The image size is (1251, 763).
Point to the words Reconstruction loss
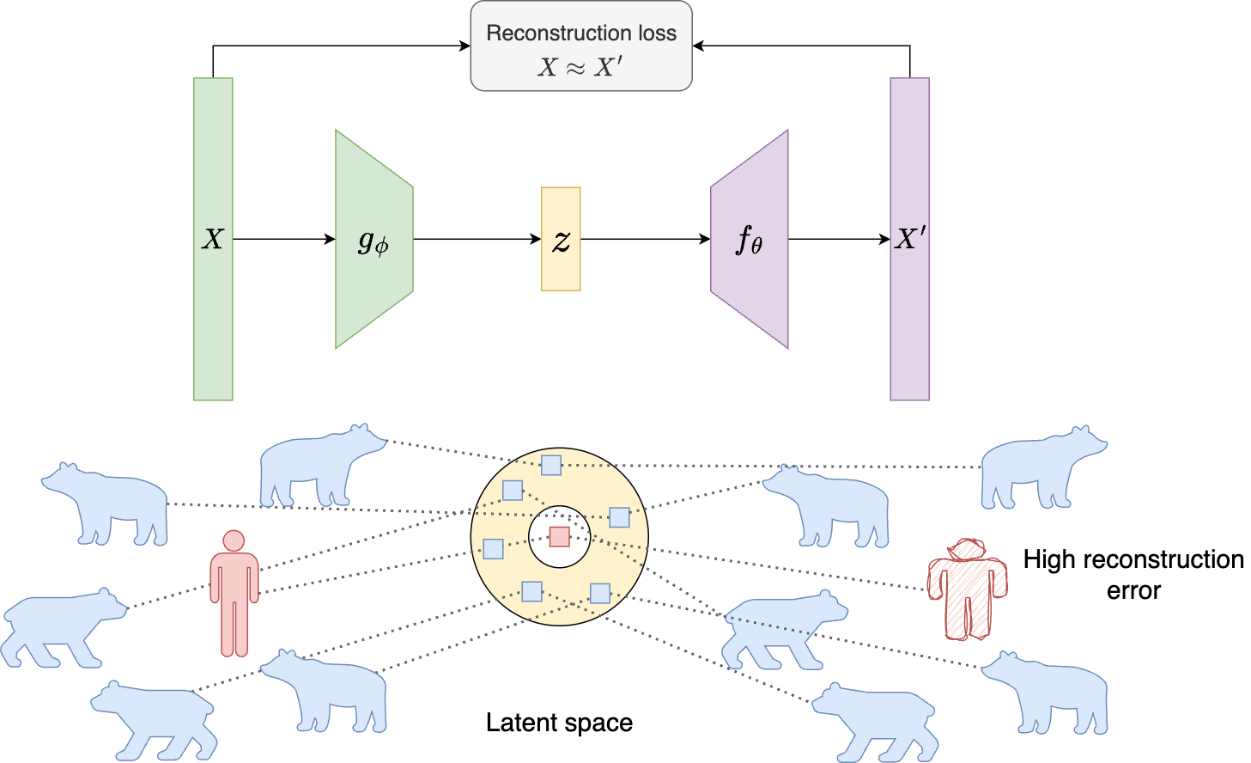(x=581, y=34)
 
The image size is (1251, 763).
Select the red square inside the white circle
(x=560, y=537)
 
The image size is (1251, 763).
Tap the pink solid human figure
(x=234, y=601)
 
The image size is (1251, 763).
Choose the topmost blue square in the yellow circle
(x=550, y=466)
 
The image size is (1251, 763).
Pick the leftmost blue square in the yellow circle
(x=493, y=548)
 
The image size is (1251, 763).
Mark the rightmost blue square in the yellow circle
(x=619, y=517)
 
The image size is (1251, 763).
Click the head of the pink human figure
(x=234, y=541)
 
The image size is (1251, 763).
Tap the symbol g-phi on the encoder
(x=373, y=241)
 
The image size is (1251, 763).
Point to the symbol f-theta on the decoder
(x=750, y=241)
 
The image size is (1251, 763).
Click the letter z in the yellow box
(x=561, y=241)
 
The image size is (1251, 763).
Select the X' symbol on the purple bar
(x=909, y=240)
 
